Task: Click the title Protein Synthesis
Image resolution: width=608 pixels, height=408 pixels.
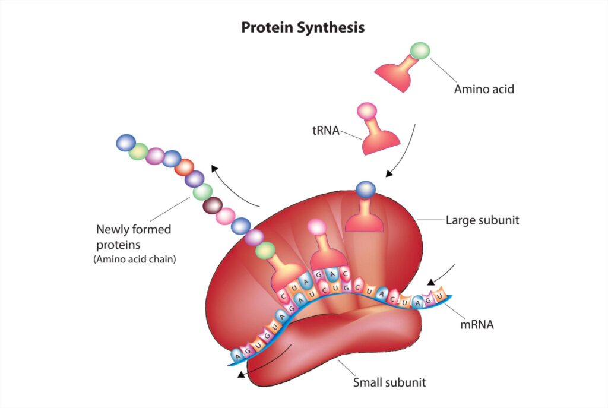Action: [303, 27]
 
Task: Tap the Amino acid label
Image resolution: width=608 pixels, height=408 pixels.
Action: [484, 89]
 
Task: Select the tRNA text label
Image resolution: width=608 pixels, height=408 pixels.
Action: [326, 131]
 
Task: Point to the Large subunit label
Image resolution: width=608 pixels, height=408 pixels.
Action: [482, 220]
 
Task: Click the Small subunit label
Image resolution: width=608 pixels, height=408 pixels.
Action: [389, 382]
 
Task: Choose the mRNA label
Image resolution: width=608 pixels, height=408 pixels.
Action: [477, 324]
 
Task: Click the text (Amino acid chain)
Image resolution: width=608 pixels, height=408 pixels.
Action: [135, 259]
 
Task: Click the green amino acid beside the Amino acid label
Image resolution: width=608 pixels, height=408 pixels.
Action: [420, 51]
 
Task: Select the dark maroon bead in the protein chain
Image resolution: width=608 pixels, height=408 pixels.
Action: [213, 205]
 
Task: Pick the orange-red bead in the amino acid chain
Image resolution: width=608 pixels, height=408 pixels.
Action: [184, 167]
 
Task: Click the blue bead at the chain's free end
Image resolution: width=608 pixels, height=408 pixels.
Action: [126, 143]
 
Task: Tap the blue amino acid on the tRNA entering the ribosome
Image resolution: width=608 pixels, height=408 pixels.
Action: [366, 189]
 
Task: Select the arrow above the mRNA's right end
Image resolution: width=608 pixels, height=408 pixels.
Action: [442, 276]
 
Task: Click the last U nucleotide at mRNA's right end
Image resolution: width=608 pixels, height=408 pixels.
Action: [439, 296]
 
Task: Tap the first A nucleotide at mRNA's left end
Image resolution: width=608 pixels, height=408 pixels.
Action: [237, 355]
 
